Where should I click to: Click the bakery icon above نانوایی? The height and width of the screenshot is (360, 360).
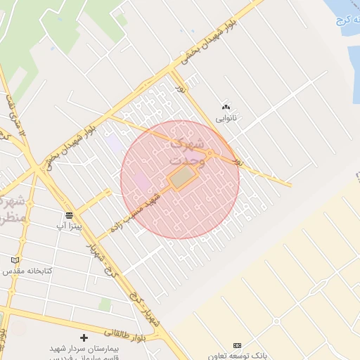tap(226, 107)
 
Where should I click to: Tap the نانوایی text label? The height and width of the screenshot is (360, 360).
tap(226, 118)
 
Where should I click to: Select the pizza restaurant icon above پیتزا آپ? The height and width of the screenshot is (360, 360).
tap(69, 215)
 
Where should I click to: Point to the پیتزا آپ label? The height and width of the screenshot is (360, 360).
tap(69, 226)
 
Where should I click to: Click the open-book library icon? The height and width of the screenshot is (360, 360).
tap(25, 259)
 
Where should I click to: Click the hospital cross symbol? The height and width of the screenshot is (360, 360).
tap(84, 338)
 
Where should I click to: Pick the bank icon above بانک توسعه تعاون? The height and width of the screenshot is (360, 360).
tap(236, 345)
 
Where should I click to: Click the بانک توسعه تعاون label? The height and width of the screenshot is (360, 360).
tap(236, 356)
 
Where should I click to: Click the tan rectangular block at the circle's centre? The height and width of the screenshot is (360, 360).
tap(181, 178)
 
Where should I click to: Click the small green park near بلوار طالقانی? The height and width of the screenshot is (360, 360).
tap(105, 304)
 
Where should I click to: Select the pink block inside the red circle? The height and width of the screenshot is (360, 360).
tap(141, 181)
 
